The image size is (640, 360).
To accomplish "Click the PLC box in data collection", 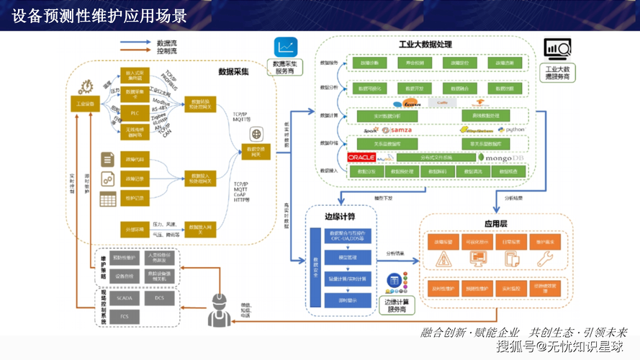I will (x=135, y=113).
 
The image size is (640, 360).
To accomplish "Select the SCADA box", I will (x=125, y=297).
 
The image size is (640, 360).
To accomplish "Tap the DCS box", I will (x=160, y=297).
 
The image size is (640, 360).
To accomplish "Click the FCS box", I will (x=125, y=316).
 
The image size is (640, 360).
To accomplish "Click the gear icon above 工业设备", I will (x=86, y=85).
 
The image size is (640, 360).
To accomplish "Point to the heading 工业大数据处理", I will (x=425, y=45).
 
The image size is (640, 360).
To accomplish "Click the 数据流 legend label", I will (x=168, y=43).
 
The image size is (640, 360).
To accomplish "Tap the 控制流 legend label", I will (x=168, y=52).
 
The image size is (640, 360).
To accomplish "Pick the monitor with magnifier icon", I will (x=558, y=50).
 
